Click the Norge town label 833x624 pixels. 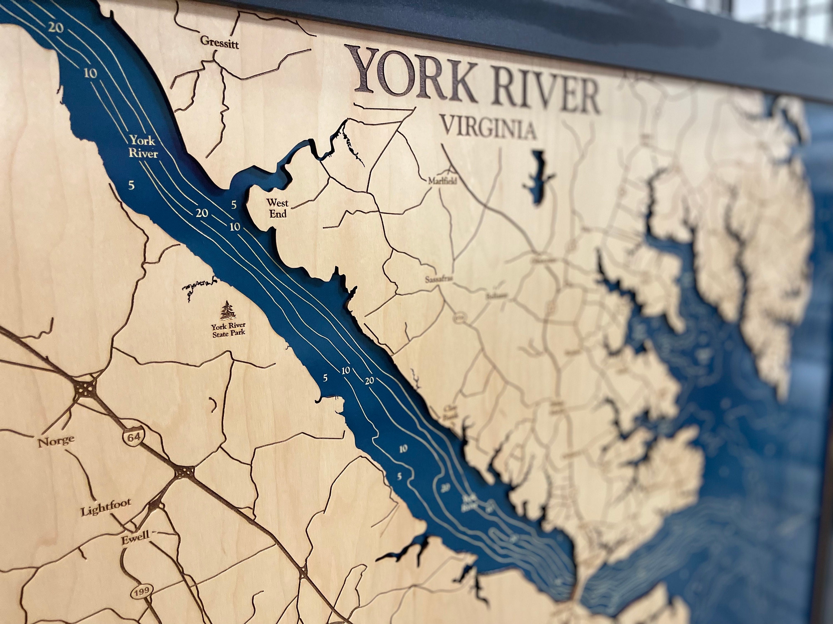[56, 440]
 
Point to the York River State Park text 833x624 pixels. [228, 329]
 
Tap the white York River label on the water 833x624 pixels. [143, 147]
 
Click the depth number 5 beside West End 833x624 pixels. [234, 205]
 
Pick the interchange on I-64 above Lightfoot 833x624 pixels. [185, 472]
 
